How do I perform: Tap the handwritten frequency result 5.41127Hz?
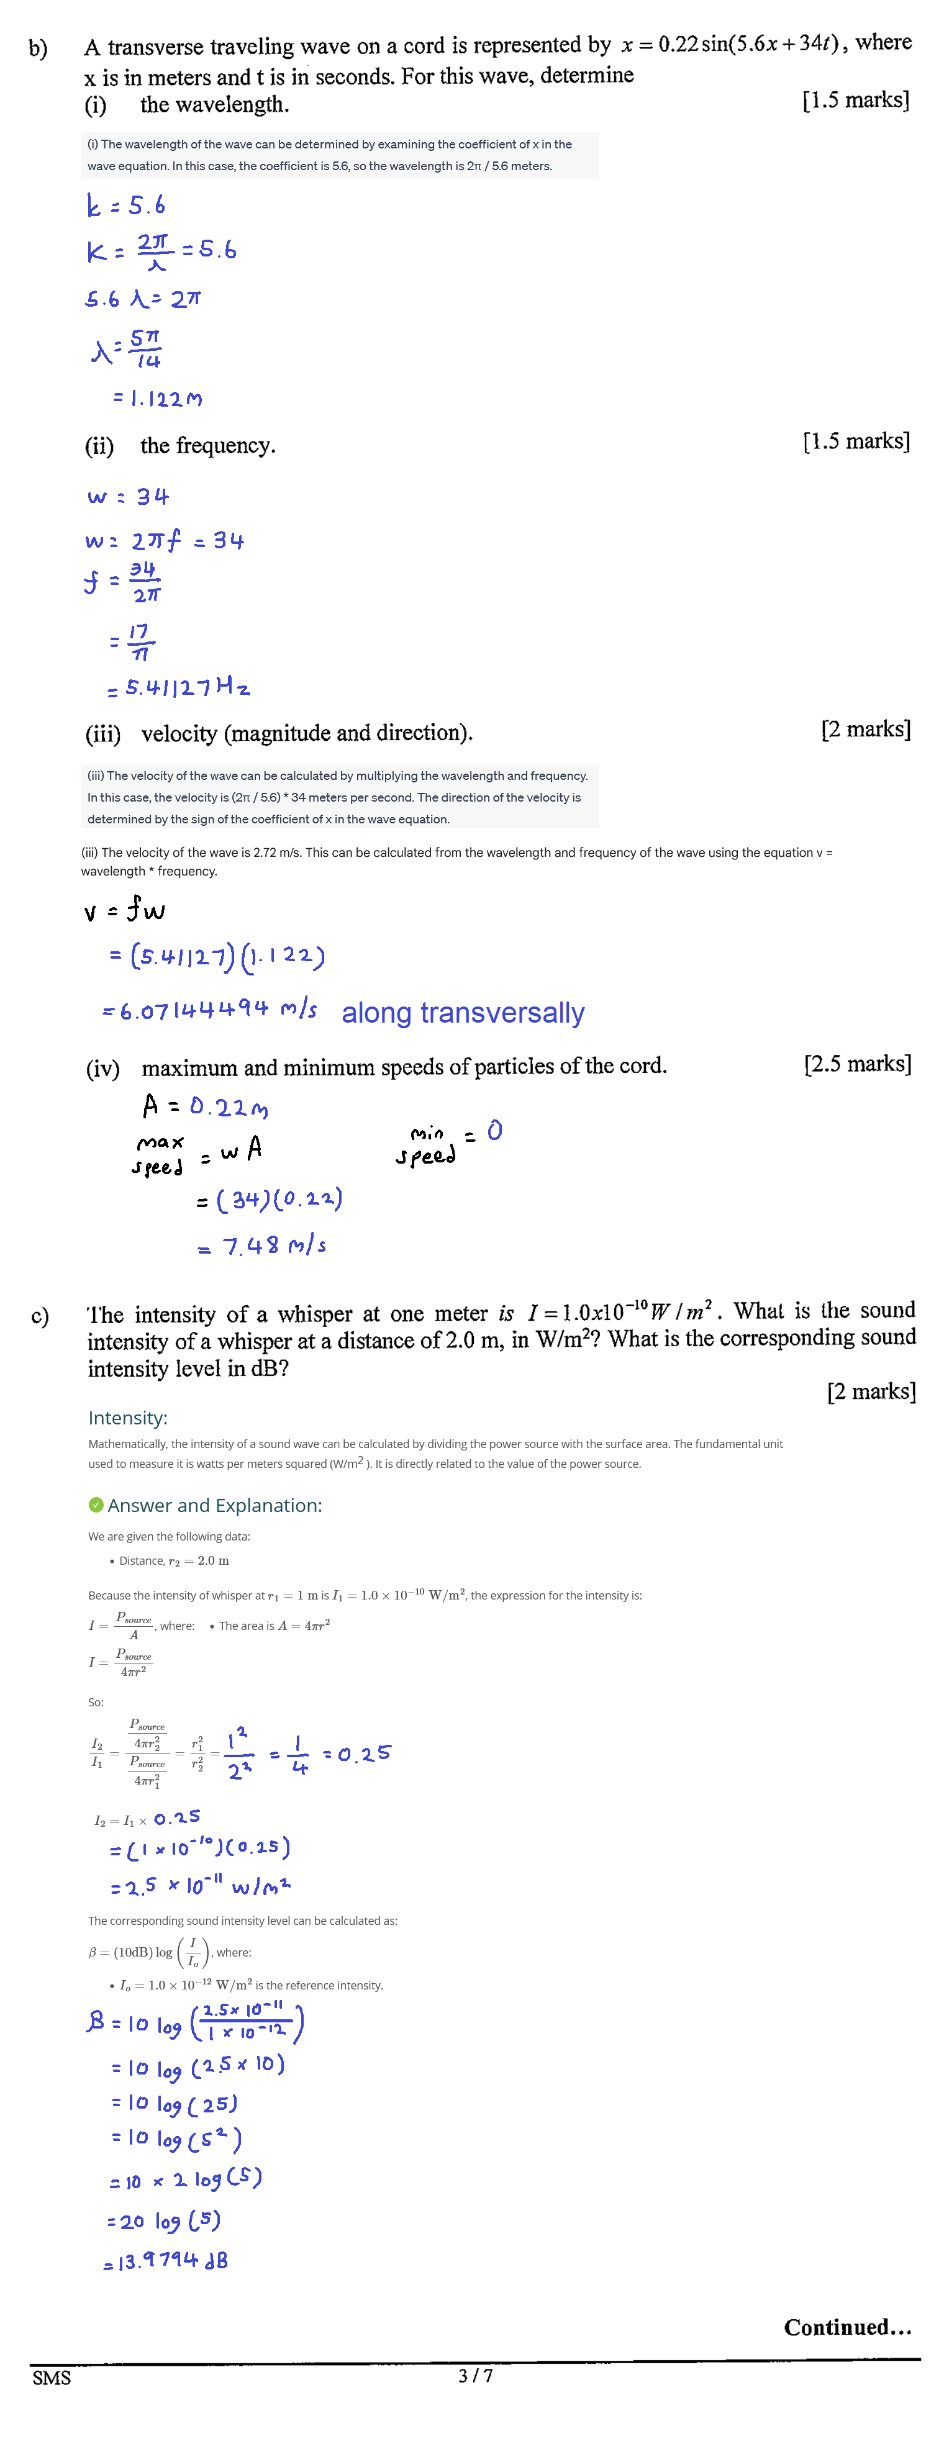188,687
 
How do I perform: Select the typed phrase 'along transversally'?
463,1013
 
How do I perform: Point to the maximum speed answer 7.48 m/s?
274,1246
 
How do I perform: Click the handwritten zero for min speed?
494,1131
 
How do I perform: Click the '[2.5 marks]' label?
857,1064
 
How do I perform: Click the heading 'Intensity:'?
128,1418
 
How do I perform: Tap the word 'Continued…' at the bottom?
847,2327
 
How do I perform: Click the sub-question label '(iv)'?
103,1069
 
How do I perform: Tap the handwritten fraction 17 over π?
139,642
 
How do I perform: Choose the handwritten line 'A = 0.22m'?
206,1106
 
